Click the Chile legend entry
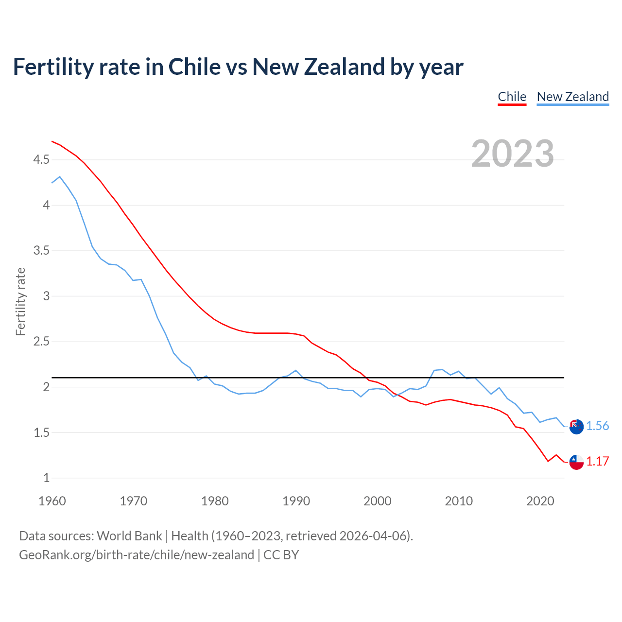512,97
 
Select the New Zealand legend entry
572,97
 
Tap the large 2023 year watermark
513,154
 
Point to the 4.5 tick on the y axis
41,160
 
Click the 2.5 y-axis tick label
41,342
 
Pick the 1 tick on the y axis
47,478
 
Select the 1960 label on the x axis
52,501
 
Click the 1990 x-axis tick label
296,501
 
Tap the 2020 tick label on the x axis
540,501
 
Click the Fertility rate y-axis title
20,301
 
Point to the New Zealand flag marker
576,427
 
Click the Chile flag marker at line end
576,462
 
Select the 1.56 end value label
597,426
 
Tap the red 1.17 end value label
597,462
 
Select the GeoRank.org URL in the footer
137,555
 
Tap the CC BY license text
281,555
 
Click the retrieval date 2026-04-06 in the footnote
374,536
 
